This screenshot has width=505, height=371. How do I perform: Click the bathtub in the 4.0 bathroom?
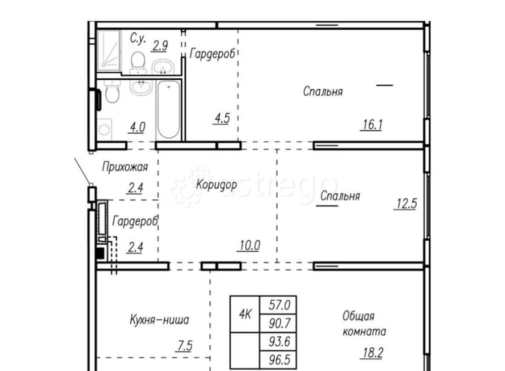[168, 110]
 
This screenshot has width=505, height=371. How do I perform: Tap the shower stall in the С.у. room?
[109, 49]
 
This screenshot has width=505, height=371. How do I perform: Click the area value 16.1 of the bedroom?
[371, 124]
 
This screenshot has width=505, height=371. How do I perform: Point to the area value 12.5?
[406, 204]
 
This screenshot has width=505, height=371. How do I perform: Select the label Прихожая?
[125, 167]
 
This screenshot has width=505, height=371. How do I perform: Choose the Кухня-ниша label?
[159, 320]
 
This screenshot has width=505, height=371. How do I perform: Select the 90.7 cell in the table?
[278, 324]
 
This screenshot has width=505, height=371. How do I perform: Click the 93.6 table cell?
[278, 342]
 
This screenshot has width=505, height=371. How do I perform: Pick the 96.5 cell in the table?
[278, 361]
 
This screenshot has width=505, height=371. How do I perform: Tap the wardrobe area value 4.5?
[222, 120]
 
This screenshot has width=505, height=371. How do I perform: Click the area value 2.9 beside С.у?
[160, 45]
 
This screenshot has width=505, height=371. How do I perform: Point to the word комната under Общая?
[364, 332]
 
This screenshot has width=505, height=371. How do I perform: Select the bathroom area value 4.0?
[137, 127]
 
